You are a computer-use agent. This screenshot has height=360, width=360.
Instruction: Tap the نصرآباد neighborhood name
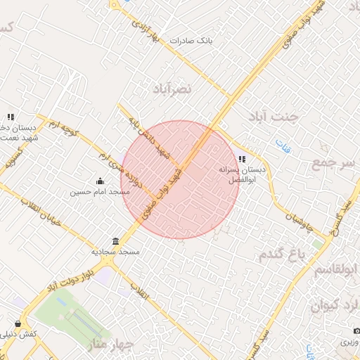point(172,89)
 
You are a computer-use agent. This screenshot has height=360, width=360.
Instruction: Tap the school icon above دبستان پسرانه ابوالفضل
point(243,159)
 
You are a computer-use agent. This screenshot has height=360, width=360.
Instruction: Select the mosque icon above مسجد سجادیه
point(116,240)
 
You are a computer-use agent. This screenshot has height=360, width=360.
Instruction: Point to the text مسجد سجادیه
point(120,251)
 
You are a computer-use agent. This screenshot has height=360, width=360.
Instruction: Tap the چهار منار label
point(111,345)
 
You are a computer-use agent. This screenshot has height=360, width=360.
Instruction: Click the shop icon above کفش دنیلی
point(11,323)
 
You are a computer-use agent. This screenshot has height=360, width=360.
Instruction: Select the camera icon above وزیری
point(356,330)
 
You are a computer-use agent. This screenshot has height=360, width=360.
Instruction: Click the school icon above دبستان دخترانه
point(11,117)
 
